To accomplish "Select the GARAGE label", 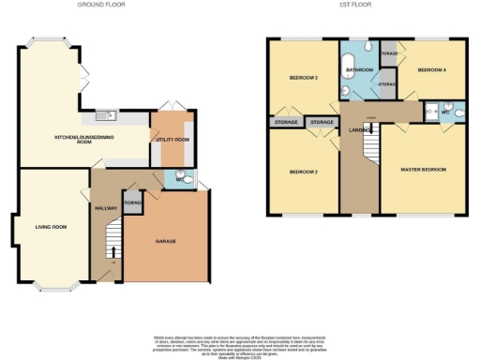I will pyautogui.click(x=166, y=241).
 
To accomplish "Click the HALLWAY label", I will pyautogui.click(x=104, y=208).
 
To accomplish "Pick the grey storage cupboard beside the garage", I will pyautogui.click(x=132, y=202).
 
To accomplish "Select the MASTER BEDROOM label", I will pyautogui.click(x=424, y=170).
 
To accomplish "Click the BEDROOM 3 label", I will pyautogui.click(x=302, y=78).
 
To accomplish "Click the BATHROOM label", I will pyautogui.click(x=361, y=70).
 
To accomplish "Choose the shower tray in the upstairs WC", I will pyautogui.click(x=431, y=110).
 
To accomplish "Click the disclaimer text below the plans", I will pyautogui.click(x=240, y=341).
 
